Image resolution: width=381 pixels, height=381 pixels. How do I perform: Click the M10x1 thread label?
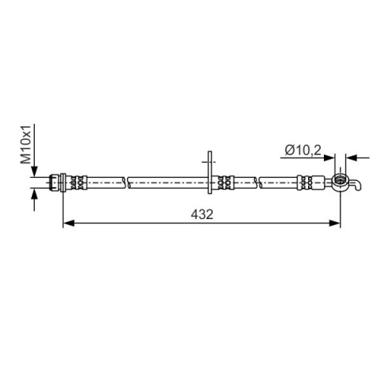point(26,144)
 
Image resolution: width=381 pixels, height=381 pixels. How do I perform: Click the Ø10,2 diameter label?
point(302,150)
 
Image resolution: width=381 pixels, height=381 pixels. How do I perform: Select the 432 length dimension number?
point(202,214)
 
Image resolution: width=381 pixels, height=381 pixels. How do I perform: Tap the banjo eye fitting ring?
point(341,183)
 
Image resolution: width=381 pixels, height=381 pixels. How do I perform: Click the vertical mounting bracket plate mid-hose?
point(210,173)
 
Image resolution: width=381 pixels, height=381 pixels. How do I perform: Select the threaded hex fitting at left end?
point(54,182)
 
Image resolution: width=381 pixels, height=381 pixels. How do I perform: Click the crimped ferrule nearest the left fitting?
point(79,182)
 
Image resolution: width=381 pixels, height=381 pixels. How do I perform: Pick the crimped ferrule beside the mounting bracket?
point(225,182)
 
